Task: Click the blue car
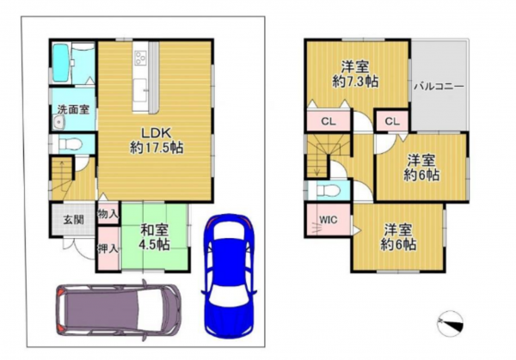pyautogui.click(x=229, y=276)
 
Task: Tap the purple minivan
pyautogui.click(x=119, y=309)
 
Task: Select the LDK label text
pyautogui.click(x=156, y=133)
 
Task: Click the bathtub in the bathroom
pyautogui.click(x=60, y=63)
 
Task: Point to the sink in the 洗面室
pyautogui.click(x=59, y=123)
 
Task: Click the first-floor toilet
pyautogui.click(x=70, y=144)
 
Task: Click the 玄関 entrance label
pyautogui.click(x=73, y=220)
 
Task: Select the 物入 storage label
pyautogui.click(x=108, y=214)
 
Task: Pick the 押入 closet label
pyautogui.click(x=108, y=249)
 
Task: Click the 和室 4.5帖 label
pyautogui.click(x=154, y=238)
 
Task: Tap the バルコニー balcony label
pyautogui.click(x=439, y=87)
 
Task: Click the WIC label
pyautogui.click(x=329, y=219)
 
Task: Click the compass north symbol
pyautogui.click(x=451, y=324)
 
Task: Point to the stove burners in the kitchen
pyautogui.click(x=141, y=58)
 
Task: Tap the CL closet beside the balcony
pyautogui.click(x=392, y=122)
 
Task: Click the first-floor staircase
pyautogui.click(x=63, y=178)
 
